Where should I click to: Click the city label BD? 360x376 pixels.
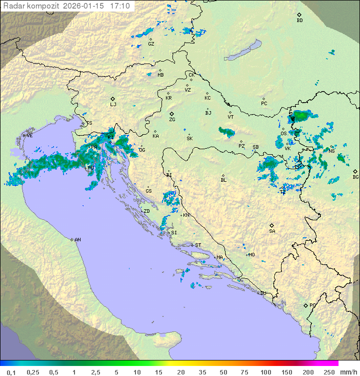299,21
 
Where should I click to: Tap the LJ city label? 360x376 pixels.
113,104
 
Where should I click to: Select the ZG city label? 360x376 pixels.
172,120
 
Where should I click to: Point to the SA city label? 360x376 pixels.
272,231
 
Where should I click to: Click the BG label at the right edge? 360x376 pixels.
355,177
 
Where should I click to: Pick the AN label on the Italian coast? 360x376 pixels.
77,240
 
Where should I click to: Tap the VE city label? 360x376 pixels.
29,136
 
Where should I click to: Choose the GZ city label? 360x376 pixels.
151,44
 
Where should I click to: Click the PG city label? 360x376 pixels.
312,305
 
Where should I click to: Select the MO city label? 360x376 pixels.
251,255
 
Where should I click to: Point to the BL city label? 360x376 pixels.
223,180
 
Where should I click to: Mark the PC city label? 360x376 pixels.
264,104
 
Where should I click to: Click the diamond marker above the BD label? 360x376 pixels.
299,15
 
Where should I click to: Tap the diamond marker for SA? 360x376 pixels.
271,225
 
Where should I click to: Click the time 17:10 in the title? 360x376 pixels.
120,6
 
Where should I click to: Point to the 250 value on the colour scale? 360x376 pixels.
328,372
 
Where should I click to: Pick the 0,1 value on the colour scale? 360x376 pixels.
11,372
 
